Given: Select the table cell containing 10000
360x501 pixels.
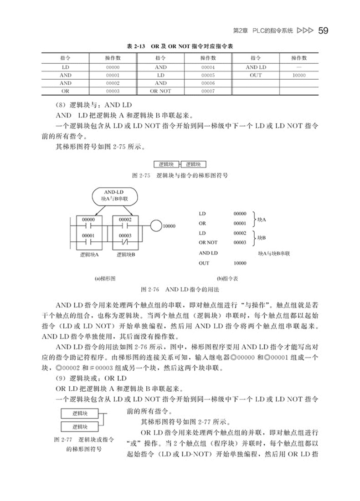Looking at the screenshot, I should tap(298, 75).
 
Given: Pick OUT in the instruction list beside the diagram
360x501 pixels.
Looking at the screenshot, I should tap(204, 263).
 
